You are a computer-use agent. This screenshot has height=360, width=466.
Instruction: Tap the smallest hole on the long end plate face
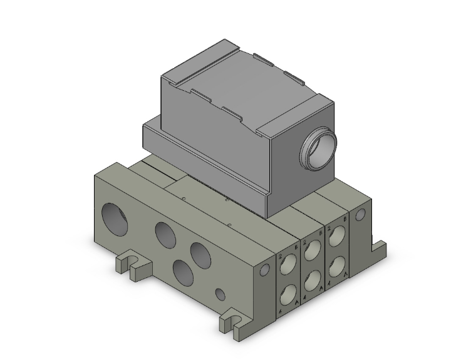[x=220, y=293]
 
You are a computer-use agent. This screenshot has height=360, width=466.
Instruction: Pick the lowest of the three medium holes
[x=184, y=272]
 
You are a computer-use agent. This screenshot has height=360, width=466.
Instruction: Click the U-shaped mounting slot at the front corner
[x=232, y=324]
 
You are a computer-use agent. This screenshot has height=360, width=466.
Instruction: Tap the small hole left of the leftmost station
[x=265, y=270]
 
